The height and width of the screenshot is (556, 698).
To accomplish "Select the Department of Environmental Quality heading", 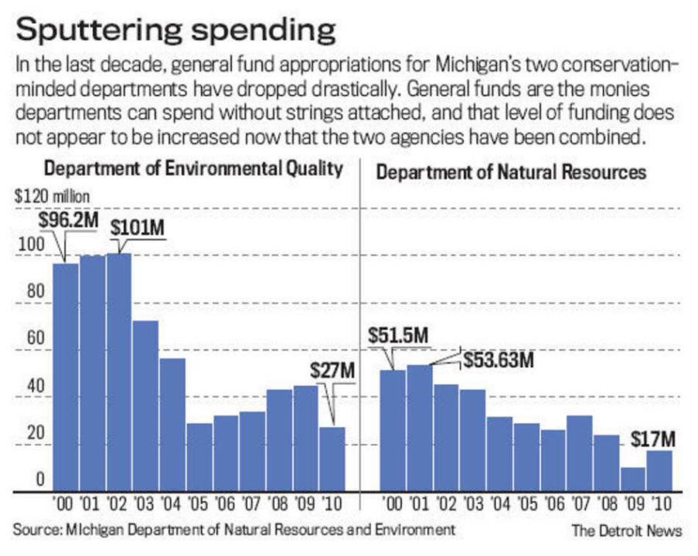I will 193,171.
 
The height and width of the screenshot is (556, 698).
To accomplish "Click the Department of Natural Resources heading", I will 510,172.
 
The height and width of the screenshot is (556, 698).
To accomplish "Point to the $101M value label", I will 137,228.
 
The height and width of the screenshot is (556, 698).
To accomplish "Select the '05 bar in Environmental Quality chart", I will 199,457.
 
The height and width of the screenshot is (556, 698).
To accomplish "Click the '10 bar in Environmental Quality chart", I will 332,459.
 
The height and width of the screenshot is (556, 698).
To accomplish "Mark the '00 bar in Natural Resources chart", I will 393,431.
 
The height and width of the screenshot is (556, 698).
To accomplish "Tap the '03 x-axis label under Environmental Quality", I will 145,507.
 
